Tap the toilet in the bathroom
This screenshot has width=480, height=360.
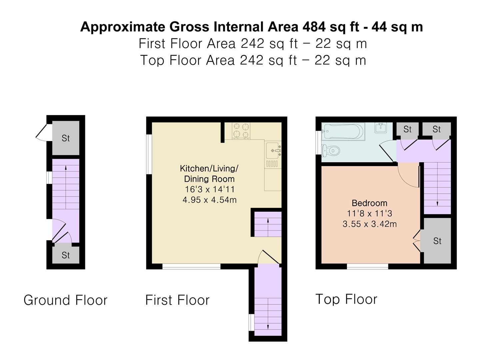[331, 150]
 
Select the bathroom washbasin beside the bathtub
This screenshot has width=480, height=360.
[381, 128]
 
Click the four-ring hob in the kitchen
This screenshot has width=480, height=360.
[241, 131]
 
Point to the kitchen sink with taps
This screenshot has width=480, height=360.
[273, 150]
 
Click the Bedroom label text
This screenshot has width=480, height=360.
[369, 203]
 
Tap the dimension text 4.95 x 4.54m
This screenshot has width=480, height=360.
[209, 200]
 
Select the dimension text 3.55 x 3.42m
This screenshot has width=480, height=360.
[370, 224]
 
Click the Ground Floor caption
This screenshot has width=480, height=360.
[65, 300]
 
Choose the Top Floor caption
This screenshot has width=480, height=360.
[346, 299]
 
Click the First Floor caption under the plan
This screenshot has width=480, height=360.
[177, 300]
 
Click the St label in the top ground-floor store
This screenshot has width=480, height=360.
[66, 138]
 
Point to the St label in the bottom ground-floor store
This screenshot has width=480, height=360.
[66, 255]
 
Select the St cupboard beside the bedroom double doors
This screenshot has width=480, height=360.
[437, 241]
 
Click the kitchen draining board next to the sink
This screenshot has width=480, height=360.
[272, 163]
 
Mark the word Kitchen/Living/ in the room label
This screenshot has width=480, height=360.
[209, 168]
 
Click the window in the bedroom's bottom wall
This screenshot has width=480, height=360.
[367, 266]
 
